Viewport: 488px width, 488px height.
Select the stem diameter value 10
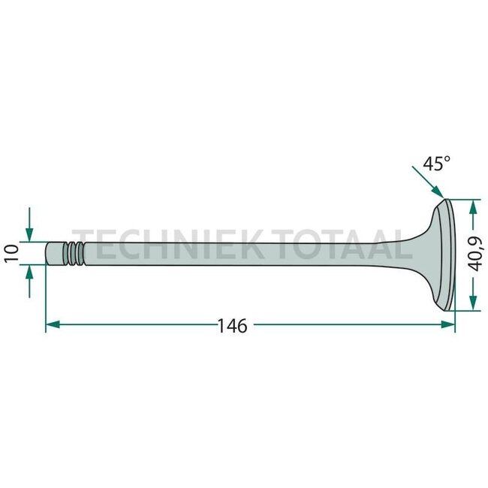(x=10, y=252)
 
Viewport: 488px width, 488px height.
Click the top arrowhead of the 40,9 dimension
(x=472, y=205)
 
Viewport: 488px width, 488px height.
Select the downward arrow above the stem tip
(x=29, y=229)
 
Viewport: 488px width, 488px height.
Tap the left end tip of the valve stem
(x=48, y=252)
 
